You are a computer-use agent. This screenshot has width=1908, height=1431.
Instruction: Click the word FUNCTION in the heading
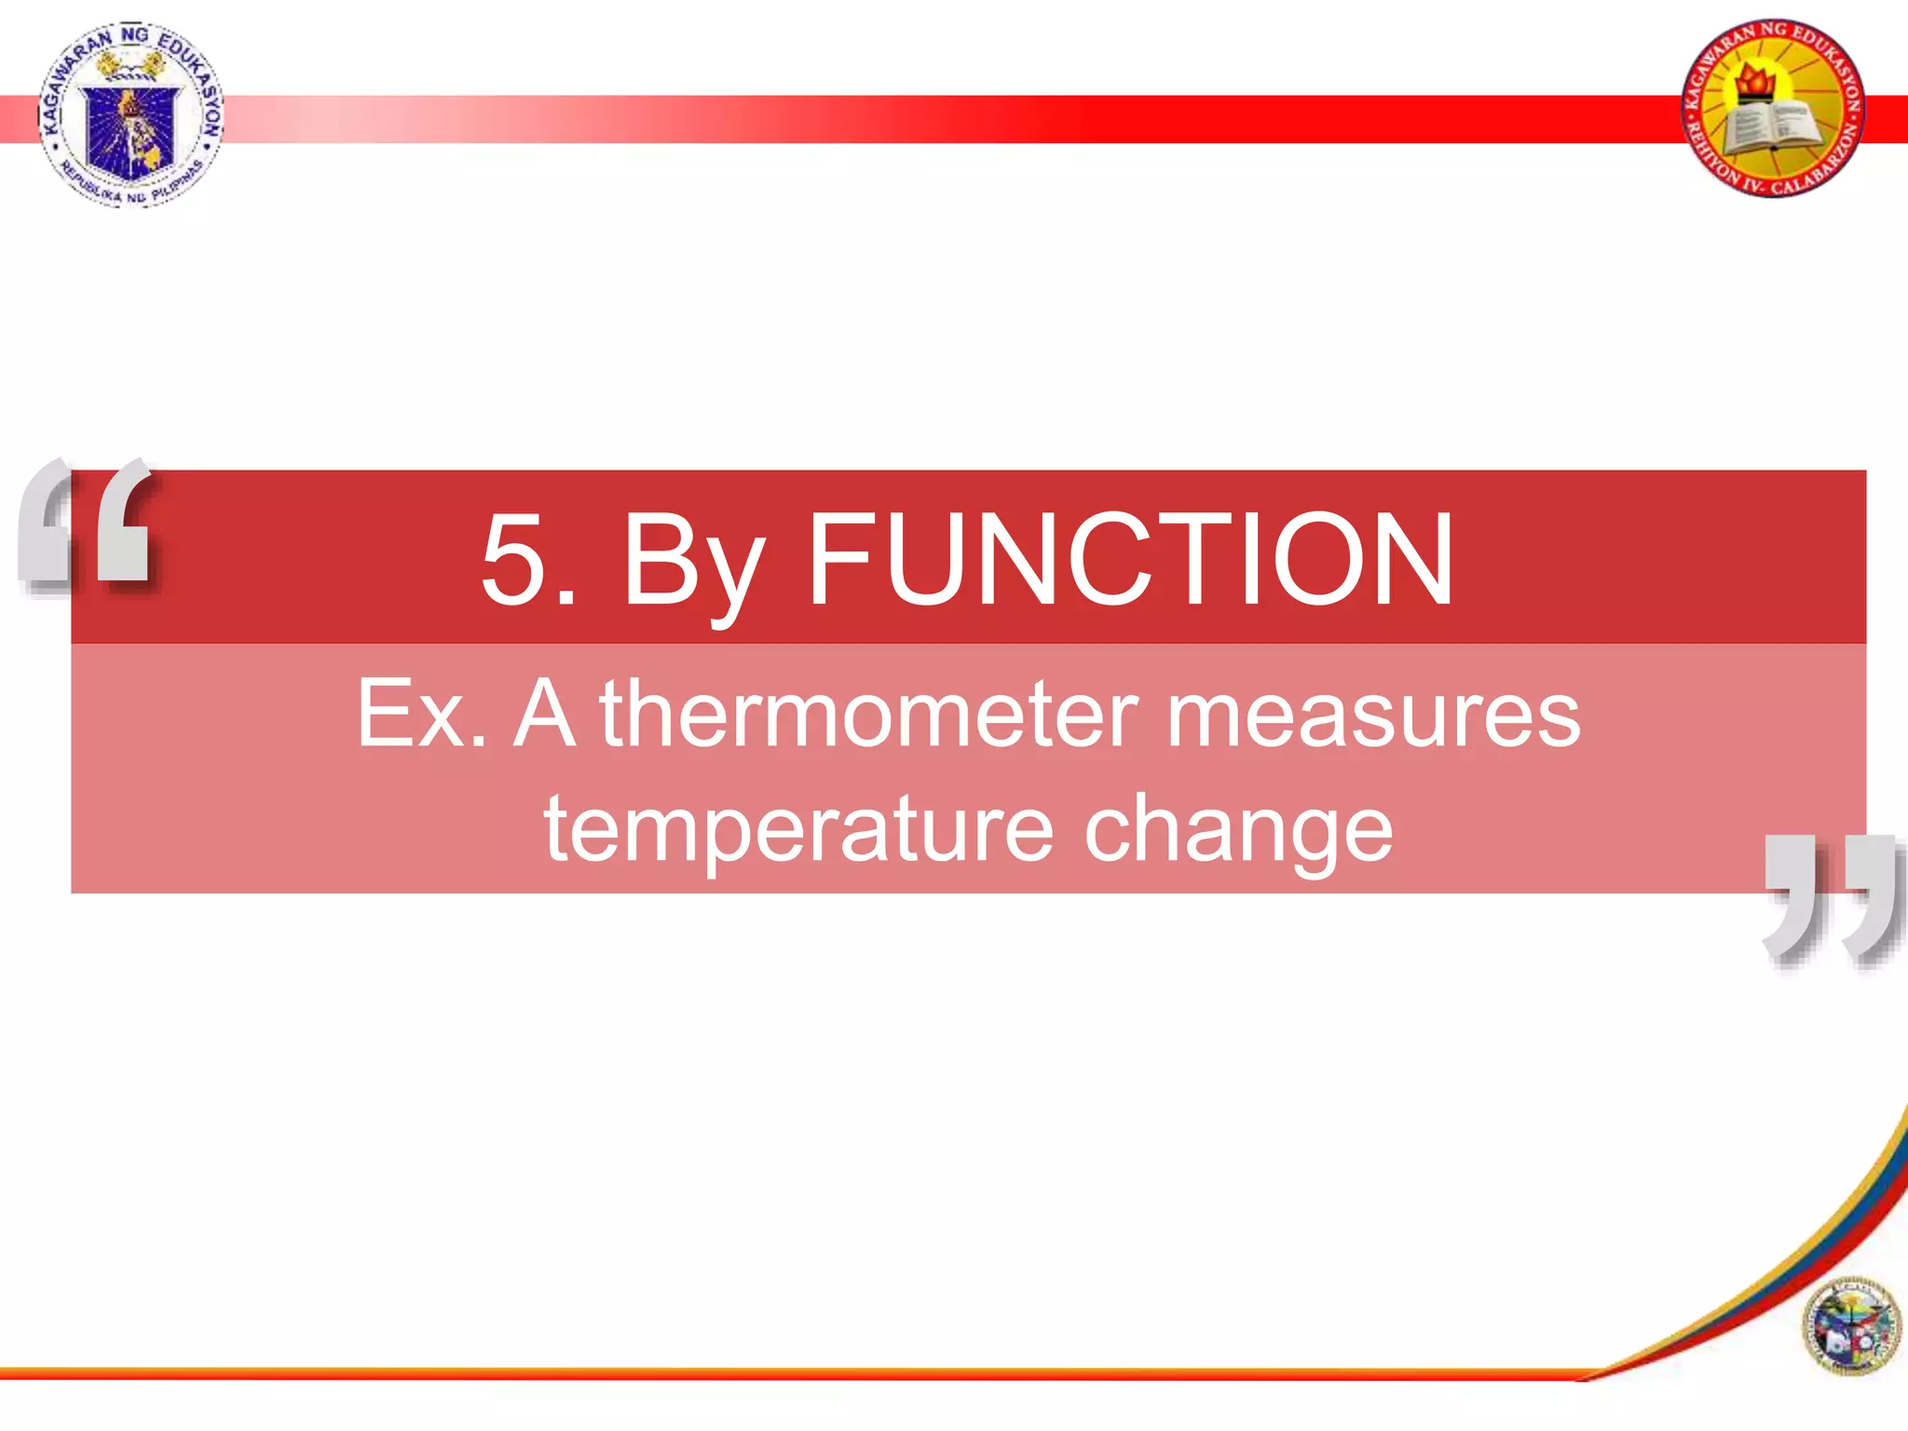(1129, 559)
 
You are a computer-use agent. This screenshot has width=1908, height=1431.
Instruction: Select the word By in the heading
(693, 564)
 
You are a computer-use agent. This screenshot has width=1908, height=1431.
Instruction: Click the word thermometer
(868, 714)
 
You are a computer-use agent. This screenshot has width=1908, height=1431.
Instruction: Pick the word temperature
(798, 829)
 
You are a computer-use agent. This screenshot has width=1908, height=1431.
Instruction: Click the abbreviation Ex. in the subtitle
(421, 714)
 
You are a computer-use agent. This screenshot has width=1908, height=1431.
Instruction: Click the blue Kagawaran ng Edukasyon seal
(130, 114)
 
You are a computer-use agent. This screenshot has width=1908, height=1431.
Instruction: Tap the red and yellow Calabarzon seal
(1774, 109)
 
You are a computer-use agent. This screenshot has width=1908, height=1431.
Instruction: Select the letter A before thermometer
(544, 714)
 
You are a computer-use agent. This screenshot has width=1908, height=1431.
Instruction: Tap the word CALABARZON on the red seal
(1817, 168)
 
